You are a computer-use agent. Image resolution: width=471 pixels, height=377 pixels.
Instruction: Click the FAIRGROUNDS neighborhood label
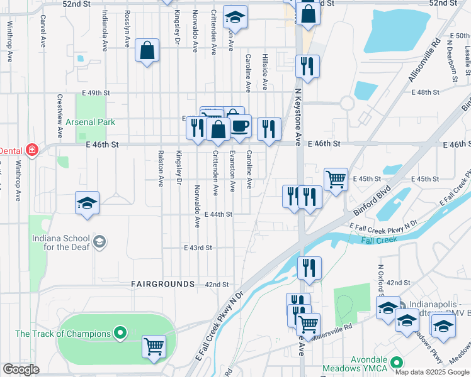162,284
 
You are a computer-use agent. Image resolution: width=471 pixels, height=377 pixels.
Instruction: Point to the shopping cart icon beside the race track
154,345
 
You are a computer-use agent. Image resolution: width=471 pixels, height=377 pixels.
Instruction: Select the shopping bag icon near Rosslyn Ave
147,51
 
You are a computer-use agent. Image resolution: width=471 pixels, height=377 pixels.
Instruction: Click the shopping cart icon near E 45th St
336,178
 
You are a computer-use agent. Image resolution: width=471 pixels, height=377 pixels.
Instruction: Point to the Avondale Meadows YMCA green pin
397,363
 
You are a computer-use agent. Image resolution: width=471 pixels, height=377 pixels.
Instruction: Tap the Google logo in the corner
21,369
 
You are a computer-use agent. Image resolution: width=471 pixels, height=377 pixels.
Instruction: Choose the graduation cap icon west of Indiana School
88,203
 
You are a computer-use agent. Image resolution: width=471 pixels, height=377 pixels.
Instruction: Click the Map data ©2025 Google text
431,372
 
